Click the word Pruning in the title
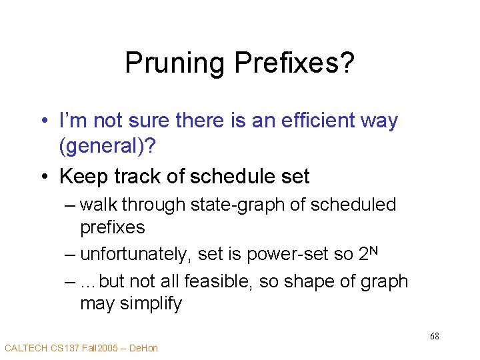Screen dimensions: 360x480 click(175, 64)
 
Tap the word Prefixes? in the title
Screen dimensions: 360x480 click(293, 64)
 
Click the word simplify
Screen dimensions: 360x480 click(149, 303)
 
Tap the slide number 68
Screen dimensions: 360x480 click(434, 336)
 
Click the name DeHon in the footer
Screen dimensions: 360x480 click(145, 348)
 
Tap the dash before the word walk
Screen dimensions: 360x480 click(70, 205)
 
